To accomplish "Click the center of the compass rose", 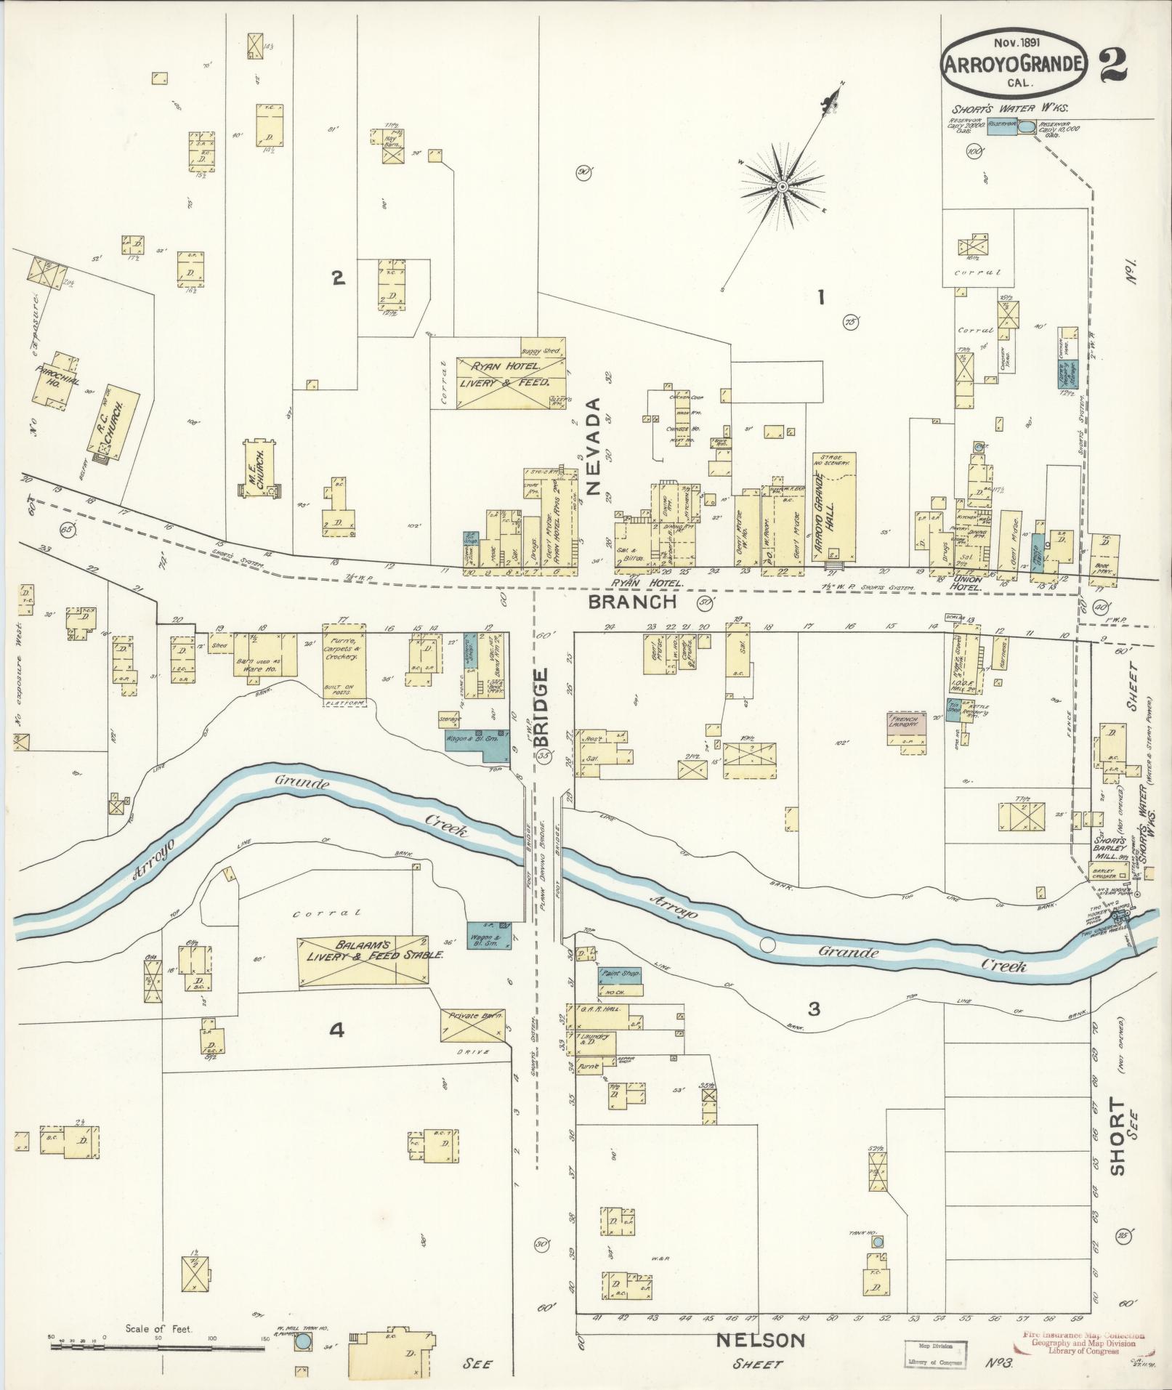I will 783,187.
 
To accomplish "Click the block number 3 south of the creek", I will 814,1009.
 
